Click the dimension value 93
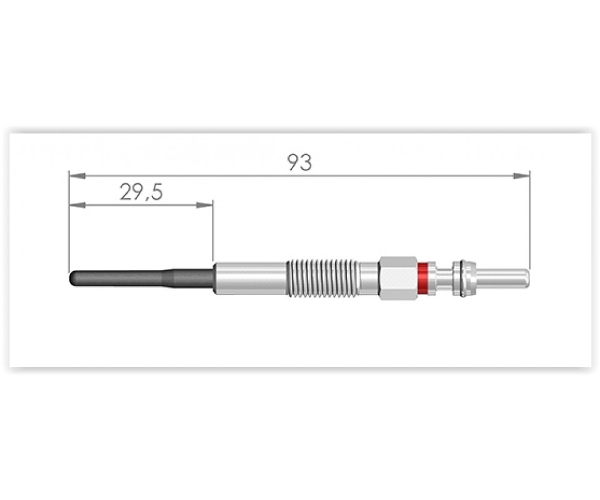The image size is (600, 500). click(299, 162)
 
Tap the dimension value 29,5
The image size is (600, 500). click(141, 192)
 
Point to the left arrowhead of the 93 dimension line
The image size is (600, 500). click(76, 176)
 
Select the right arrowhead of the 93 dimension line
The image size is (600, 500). click(522, 176)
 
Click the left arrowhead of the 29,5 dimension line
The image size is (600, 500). click(76, 206)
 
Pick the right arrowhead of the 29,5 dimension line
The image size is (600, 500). click(204, 206)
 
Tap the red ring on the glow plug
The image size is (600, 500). click(422, 278)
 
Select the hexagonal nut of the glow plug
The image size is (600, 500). click(397, 278)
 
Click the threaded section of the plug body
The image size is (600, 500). click(322, 278)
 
